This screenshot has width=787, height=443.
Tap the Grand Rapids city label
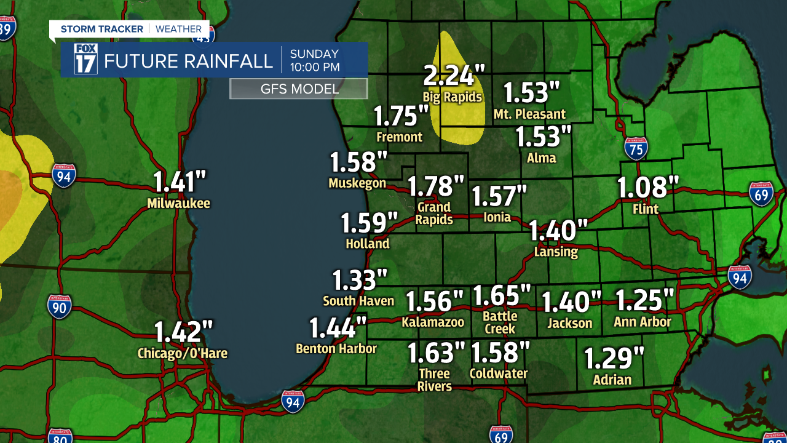click(x=434, y=213)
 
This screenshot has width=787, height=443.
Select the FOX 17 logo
click(x=85, y=59)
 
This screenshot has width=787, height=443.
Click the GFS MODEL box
click(x=299, y=89)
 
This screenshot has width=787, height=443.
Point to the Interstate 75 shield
click(x=636, y=149)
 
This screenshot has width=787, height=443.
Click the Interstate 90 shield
click(x=59, y=306)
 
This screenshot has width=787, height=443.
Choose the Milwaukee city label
click(x=178, y=203)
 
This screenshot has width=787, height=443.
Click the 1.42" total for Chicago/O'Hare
click(x=183, y=332)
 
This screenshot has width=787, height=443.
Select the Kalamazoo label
click(x=433, y=322)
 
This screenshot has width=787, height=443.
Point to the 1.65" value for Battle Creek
click(x=500, y=295)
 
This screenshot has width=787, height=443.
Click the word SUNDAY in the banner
click(x=314, y=54)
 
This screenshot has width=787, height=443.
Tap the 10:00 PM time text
click(x=315, y=67)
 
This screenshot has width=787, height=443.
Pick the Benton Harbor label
click(x=336, y=348)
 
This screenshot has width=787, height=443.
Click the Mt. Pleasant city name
click(x=529, y=114)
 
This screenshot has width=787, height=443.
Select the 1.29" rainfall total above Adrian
click(x=613, y=358)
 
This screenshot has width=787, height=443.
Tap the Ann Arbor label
click(x=643, y=322)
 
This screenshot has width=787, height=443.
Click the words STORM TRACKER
click(x=102, y=29)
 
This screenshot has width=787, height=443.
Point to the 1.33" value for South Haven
click(x=360, y=280)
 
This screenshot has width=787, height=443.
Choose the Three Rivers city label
click(x=435, y=380)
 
